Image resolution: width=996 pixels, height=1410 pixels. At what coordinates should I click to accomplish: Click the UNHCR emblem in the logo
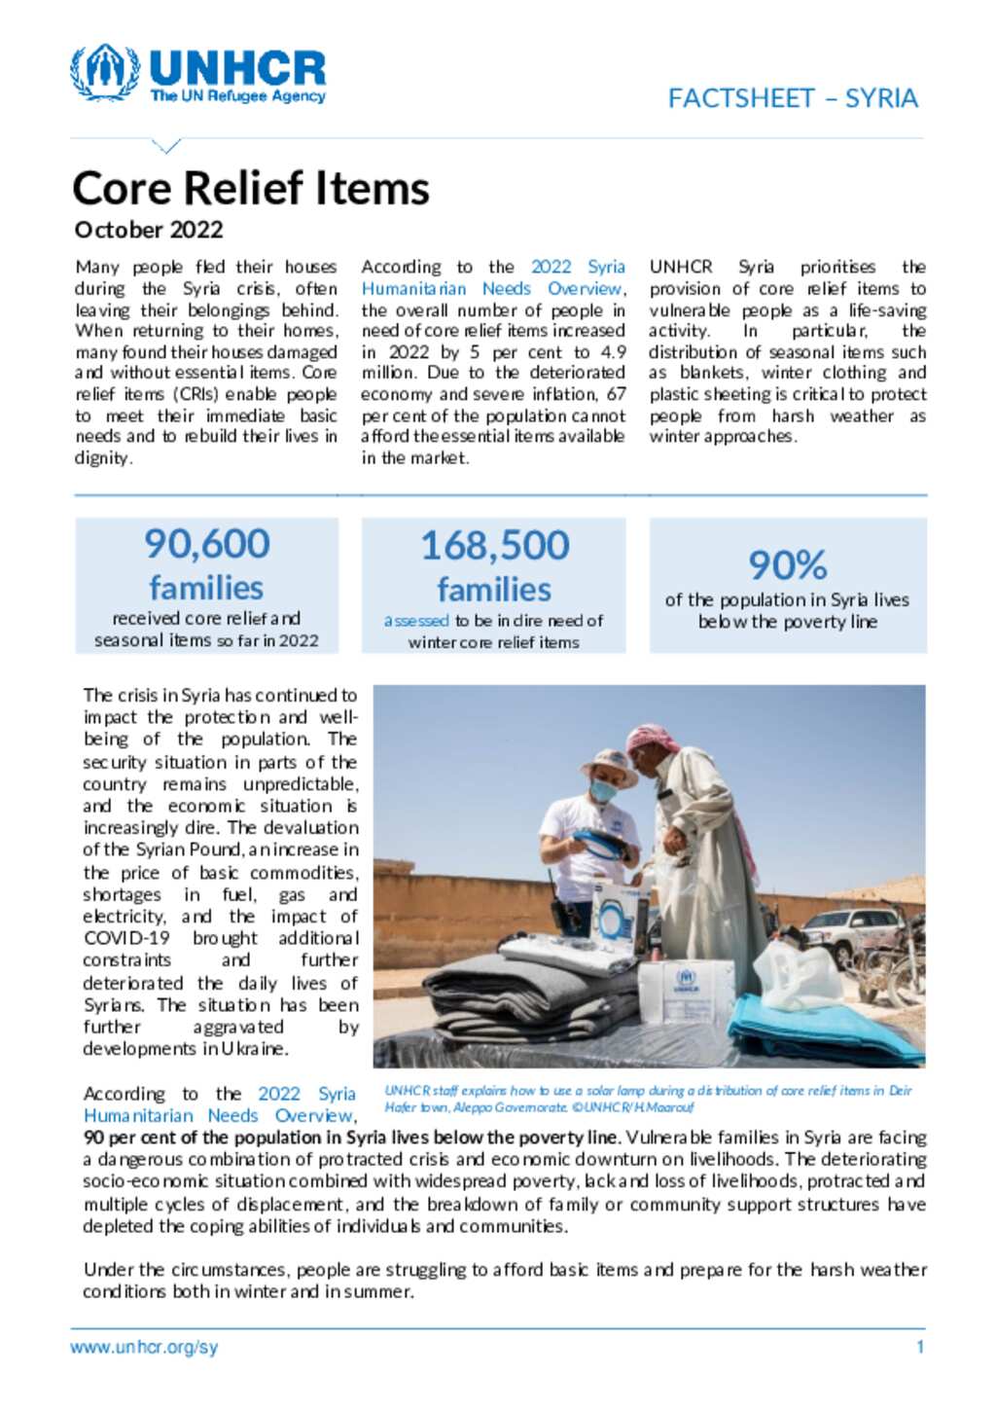105,71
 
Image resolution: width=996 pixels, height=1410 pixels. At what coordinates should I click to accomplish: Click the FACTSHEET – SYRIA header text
792,98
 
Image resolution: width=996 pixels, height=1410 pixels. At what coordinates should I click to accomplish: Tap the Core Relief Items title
251,188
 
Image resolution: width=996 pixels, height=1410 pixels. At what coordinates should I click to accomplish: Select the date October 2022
149,230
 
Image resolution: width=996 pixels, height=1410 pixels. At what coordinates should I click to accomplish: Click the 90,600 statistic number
206,544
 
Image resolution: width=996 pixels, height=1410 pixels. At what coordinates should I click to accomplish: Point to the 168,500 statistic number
494,545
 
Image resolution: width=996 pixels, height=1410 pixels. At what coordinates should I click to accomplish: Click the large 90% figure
787,564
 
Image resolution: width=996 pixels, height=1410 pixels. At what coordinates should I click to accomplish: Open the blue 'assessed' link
416,621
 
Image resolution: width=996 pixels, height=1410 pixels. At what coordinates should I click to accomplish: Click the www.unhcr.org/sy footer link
144,1348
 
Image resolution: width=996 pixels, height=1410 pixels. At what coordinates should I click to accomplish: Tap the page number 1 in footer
919,1348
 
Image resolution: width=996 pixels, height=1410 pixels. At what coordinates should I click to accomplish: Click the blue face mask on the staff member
603,790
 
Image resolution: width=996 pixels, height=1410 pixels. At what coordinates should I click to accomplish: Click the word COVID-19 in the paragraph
126,938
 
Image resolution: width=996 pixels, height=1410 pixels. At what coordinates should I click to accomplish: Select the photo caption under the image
647,1099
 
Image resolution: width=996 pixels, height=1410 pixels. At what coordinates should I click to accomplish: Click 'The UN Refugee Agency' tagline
237,96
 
